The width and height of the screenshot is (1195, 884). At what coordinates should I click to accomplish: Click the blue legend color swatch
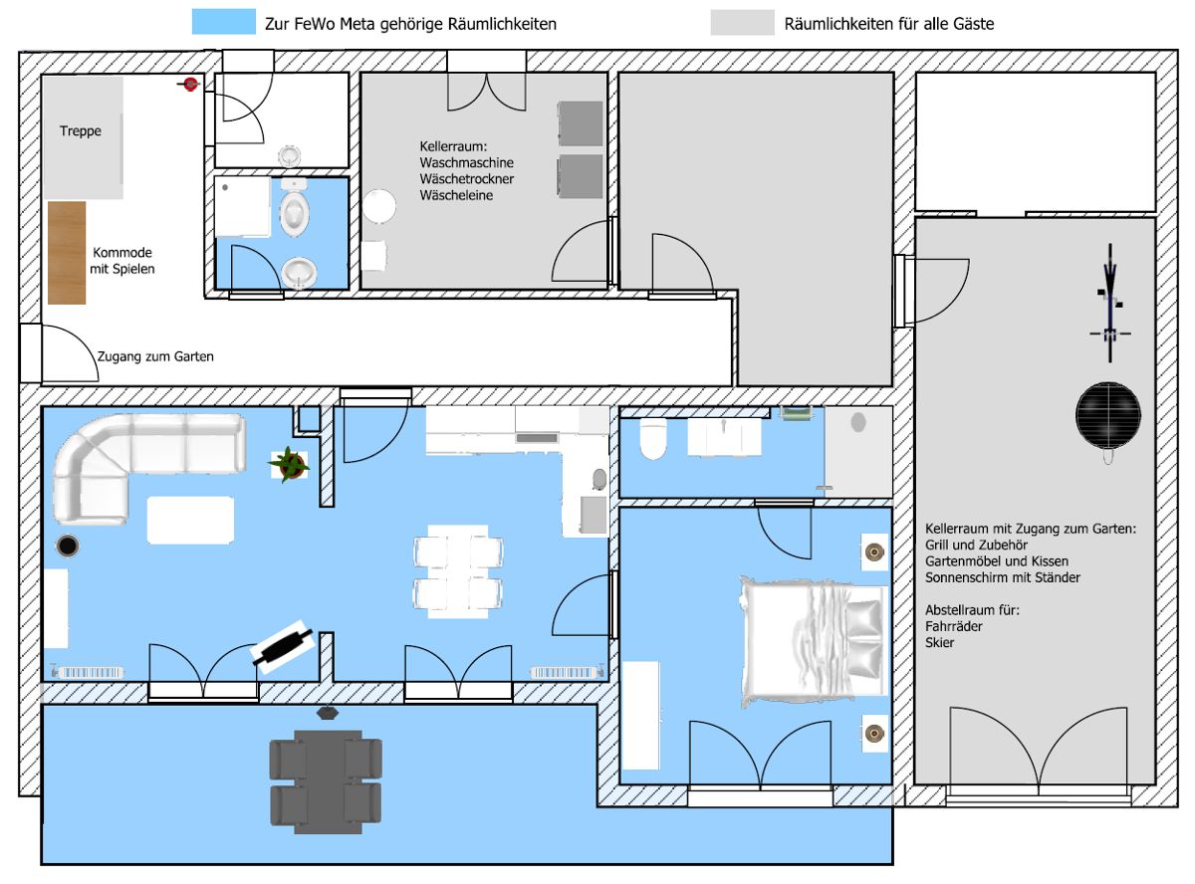coord(224,22)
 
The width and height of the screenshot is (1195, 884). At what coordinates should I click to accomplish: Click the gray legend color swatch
coord(742,23)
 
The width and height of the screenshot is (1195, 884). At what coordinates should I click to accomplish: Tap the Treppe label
coord(81,130)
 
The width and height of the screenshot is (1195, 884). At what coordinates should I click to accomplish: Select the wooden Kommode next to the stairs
coord(67,253)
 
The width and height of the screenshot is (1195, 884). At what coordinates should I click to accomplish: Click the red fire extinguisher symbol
coord(189,84)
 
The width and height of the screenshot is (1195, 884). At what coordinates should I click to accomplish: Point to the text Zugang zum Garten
coord(155,356)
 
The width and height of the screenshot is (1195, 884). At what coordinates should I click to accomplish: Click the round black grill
coord(1108,416)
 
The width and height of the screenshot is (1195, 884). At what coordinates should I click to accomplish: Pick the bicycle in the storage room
coord(1110,303)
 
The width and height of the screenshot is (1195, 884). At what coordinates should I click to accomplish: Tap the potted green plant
coord(290,464)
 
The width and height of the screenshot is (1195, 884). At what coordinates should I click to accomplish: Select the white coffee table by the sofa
coord(190,520)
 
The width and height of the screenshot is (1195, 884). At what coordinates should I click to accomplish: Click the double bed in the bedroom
coord(813,641)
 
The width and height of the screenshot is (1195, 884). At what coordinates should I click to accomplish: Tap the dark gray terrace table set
coord(326,781)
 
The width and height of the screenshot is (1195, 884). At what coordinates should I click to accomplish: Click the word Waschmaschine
coord(467,162)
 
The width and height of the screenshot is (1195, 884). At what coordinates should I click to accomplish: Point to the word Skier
coord(939,643)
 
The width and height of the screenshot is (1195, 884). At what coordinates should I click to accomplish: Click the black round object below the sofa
coord(68,547)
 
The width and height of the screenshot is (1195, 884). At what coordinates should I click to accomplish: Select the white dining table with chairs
coord(458,571)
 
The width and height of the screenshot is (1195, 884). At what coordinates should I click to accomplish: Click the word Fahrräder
coord(953,626)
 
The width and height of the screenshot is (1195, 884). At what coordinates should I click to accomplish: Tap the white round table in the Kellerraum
coord(378,206)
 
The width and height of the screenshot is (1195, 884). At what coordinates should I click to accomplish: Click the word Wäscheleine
coord(456,195)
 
